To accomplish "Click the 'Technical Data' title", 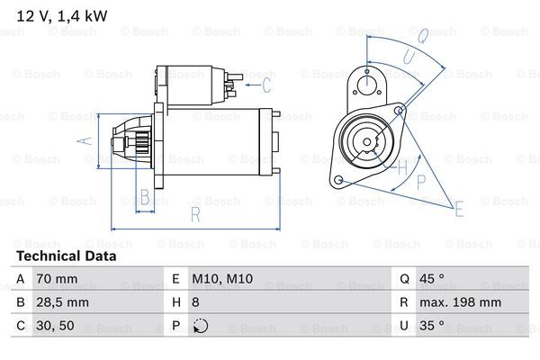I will (66, 256).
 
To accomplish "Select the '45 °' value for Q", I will (435, 280).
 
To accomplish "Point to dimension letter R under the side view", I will (193, 213).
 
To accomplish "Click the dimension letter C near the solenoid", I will (266, 85).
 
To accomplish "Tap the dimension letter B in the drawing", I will (144, 197).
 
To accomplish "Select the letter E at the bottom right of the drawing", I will (459, 210).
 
